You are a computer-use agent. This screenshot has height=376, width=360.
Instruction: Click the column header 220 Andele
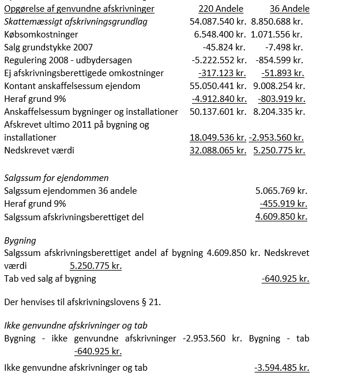221,9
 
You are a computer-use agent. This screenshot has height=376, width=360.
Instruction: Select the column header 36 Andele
289,9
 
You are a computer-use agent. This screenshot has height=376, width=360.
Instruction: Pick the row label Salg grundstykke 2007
48,47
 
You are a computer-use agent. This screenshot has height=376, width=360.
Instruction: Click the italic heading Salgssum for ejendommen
56,178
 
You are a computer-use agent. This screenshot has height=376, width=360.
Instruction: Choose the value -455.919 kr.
283,204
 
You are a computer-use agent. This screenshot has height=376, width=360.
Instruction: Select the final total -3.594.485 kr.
282,368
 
